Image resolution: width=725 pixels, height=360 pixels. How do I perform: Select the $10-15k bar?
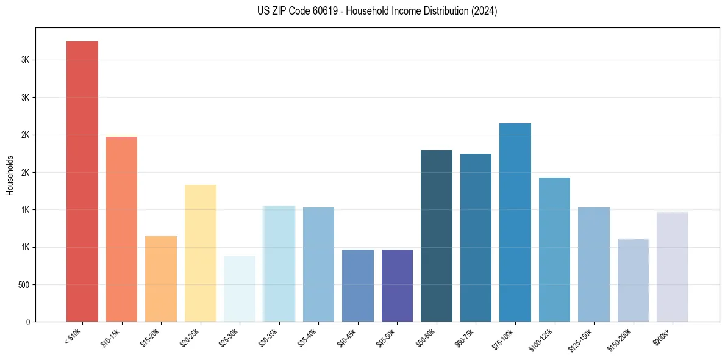point(121,229)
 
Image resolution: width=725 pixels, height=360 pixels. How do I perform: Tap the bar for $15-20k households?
point(161,279)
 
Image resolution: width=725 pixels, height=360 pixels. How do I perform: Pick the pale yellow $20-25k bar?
point(201,253)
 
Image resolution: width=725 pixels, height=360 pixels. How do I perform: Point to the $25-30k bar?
point(240,289)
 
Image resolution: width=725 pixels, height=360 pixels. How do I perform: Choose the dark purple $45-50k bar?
point(397,286)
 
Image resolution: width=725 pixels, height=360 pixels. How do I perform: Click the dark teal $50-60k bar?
point(437,236)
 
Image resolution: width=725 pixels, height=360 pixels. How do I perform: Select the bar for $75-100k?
point(515,222)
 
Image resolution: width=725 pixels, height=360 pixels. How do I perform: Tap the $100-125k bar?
point(554,250)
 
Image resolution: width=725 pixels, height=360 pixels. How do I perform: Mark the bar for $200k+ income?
point(673,267)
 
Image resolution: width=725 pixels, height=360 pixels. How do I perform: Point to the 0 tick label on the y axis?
point(27,322)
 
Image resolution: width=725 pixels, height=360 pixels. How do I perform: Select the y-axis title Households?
point(10,175)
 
